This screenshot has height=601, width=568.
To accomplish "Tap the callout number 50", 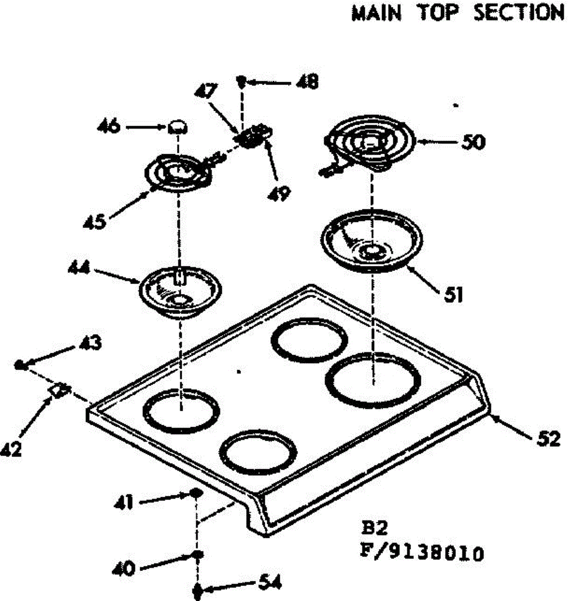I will click(x=473, y=142).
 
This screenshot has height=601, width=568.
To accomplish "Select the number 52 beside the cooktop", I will click(x=548, y=439).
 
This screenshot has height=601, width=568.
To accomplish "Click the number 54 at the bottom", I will click(x=270, y=583).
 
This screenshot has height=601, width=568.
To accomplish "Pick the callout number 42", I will click(x=11, y=449).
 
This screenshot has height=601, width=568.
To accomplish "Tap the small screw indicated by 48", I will click(x=241, y=80).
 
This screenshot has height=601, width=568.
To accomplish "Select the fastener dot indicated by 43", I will click(x=19, y=364).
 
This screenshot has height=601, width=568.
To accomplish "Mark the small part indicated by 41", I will click(x=195, y=494).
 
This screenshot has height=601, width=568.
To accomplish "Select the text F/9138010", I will click(x=422, y=554).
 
